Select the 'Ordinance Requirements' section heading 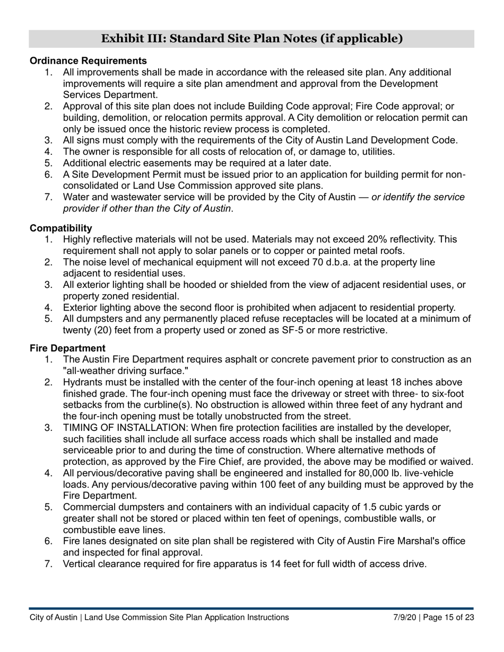(88, 61)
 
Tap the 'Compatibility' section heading (61, 228)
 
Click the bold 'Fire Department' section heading (67, 348)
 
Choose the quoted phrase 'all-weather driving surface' (126, 371)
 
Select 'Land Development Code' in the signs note (406, 140)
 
